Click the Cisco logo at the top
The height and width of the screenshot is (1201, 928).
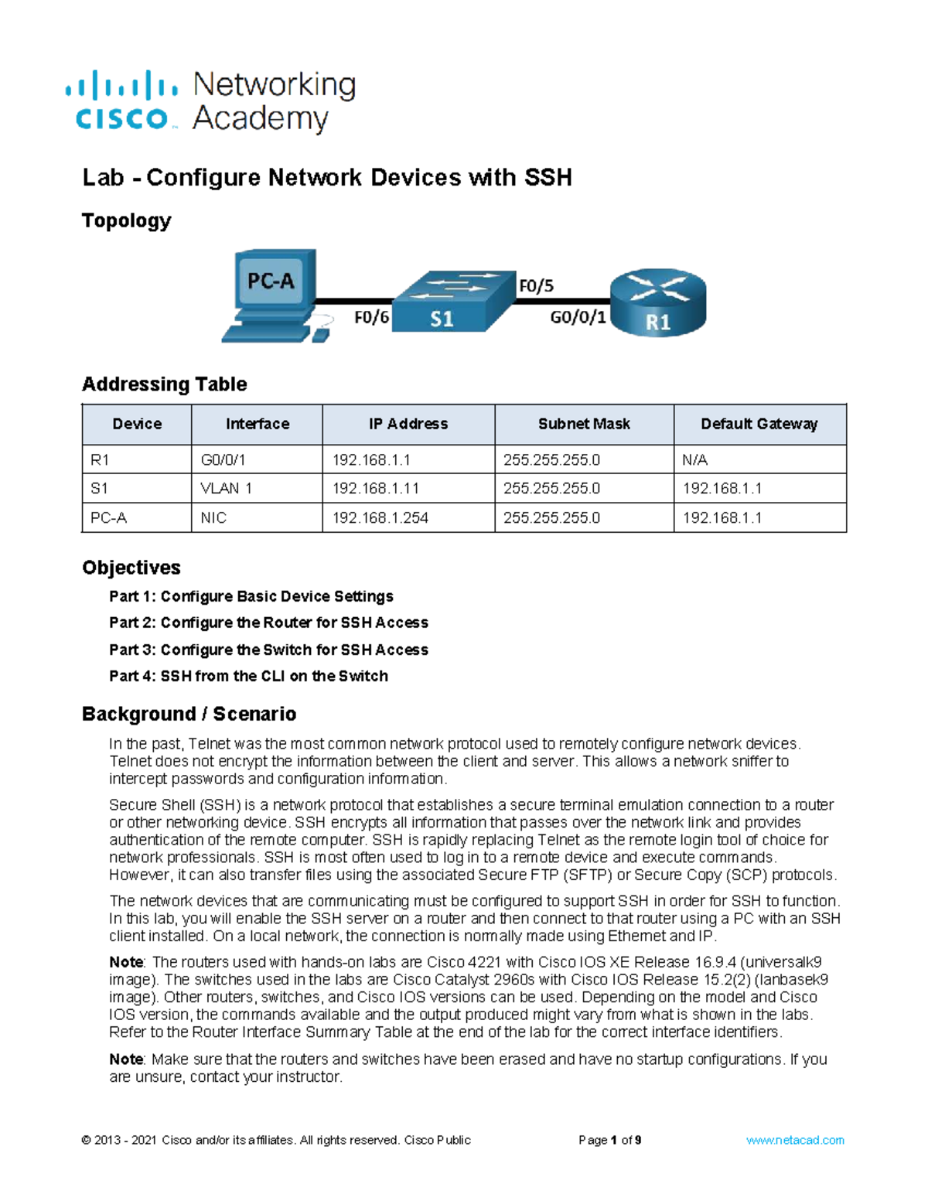[x=122, y=102]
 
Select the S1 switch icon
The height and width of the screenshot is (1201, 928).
[x=452, y=302]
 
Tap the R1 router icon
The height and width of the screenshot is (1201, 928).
[x=658, y=302]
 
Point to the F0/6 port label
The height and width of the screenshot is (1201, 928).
[x=371, y=317]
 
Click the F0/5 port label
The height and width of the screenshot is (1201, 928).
[x=536, y=286]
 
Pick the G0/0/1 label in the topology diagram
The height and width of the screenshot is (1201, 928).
[x=578, y=317]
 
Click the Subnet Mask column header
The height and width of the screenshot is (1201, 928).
[x=584, y=424]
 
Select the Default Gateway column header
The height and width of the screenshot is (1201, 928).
[x=759, y=424]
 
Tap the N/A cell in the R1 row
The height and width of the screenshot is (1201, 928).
[x=694, y=460]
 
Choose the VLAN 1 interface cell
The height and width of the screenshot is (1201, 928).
[x=227, y=489]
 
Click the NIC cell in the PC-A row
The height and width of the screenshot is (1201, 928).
[x=213, y=518]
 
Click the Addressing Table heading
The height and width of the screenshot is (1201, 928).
[x=165, y=384]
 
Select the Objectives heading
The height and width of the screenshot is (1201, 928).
[x=131, y=568]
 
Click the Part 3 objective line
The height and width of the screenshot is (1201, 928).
[x=268, y=650]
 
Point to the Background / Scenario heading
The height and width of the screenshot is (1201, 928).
[x=189, y=714]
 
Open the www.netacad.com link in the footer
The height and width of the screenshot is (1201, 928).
[x=795, y=1140]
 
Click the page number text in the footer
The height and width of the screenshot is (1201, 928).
[x=609, y=1140]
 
